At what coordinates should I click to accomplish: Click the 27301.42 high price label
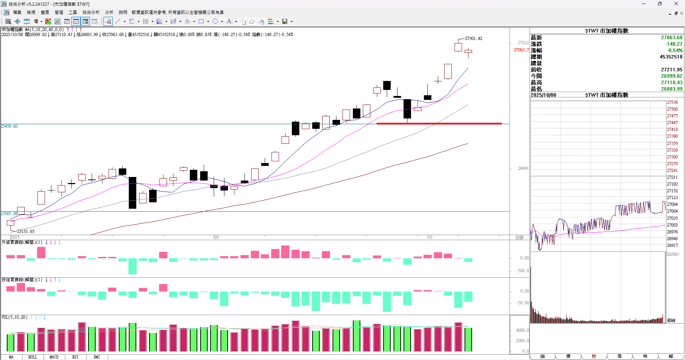(473, 39)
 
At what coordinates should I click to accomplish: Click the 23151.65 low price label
(26, 232)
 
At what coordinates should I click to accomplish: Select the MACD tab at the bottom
(54, 357)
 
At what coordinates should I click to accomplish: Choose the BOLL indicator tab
(32, 357)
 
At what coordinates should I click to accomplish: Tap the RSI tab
(75, 357)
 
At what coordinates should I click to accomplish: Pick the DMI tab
(97, 357)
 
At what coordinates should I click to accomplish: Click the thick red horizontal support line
(439, 123)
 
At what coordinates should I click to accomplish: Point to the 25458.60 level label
(9, 126)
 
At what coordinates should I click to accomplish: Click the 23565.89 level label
(9, 214)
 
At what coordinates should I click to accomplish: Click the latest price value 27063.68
(671, 38)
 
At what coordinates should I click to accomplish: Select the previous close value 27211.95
(671, 70)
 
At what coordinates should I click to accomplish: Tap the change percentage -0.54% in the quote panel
(675, 51)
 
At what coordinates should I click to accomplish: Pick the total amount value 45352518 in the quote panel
(671, 57)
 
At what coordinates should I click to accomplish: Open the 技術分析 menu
(91, 12)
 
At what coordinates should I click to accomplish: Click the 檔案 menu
(17, 12)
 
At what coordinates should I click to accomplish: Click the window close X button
(676, 4)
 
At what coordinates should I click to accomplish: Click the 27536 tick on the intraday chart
(672, 102)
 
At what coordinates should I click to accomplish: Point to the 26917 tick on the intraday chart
(672, 245)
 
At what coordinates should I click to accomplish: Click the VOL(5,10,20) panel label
(14, 317)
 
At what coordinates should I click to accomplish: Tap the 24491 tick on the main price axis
(523, 168)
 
